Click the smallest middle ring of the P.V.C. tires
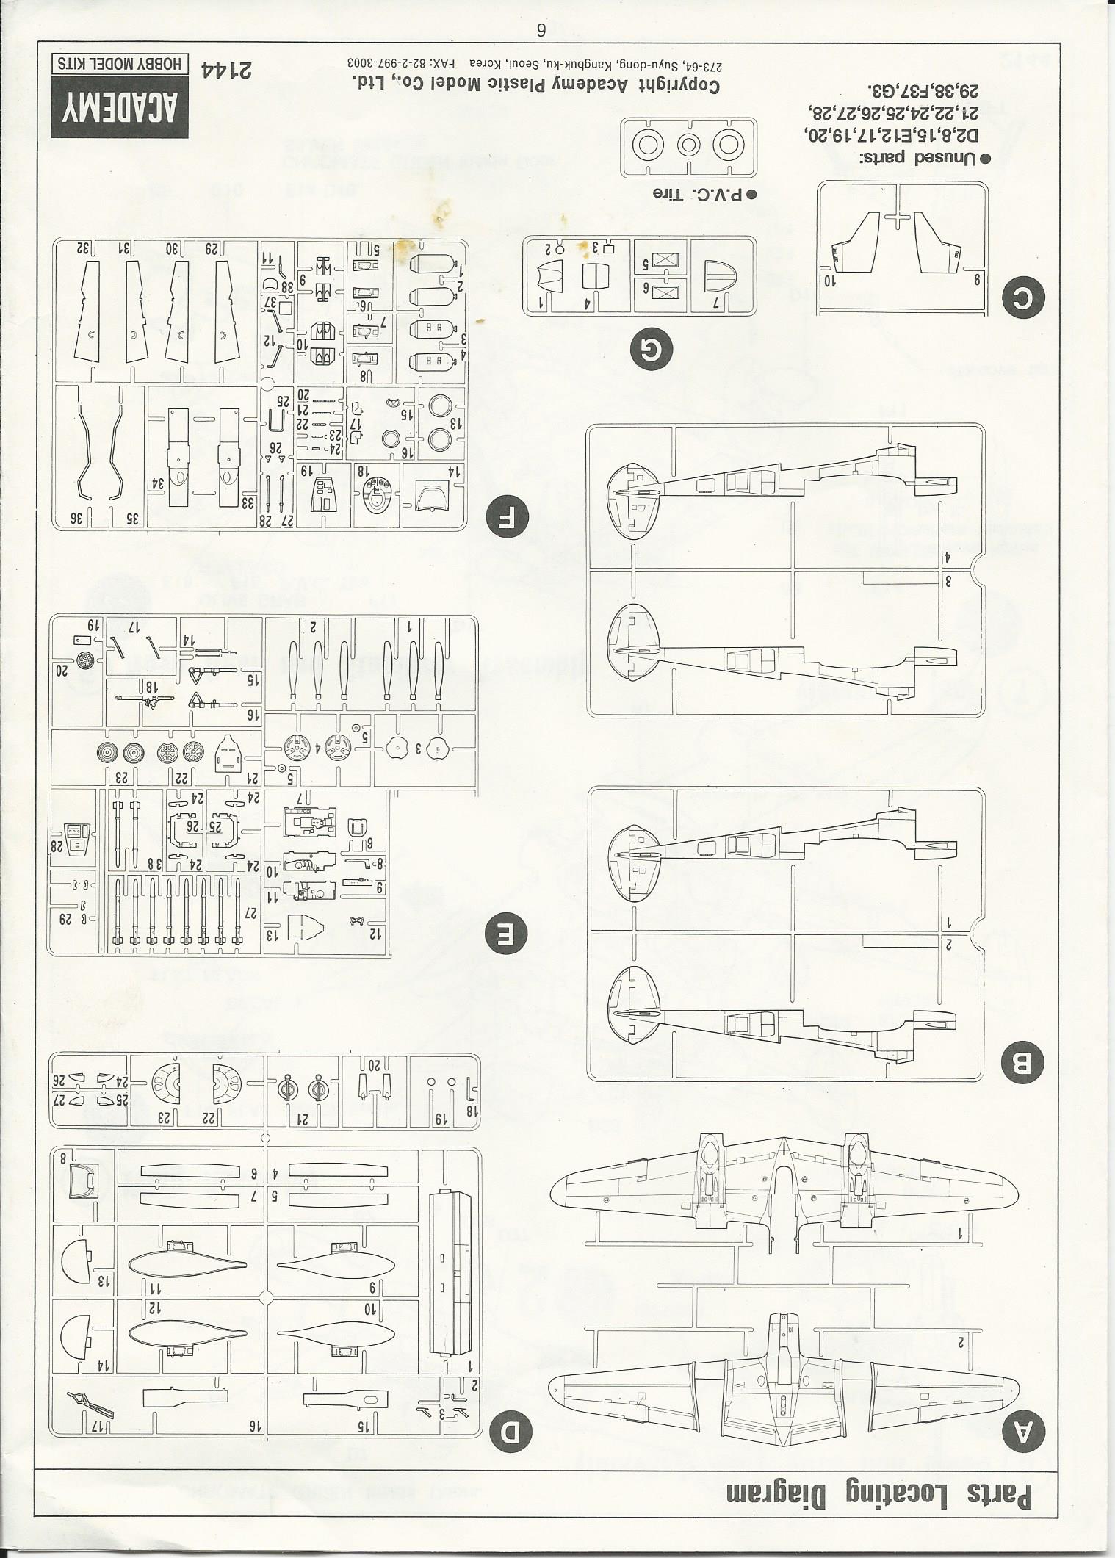pos(687,146)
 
